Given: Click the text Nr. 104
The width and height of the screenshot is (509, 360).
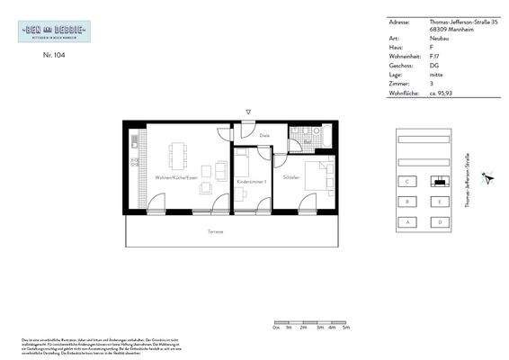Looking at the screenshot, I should click(54, 55).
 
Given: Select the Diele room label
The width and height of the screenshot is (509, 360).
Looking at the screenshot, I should click(264, 136).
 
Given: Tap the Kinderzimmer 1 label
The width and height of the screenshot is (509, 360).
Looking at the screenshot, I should click(252, 183).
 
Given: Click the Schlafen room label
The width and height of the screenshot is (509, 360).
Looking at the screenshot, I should click(290, 178).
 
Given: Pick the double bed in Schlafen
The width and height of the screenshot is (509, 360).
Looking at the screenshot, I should click(317, 175).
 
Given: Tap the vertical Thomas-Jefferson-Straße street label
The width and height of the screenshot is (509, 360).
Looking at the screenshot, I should click(467, 180).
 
